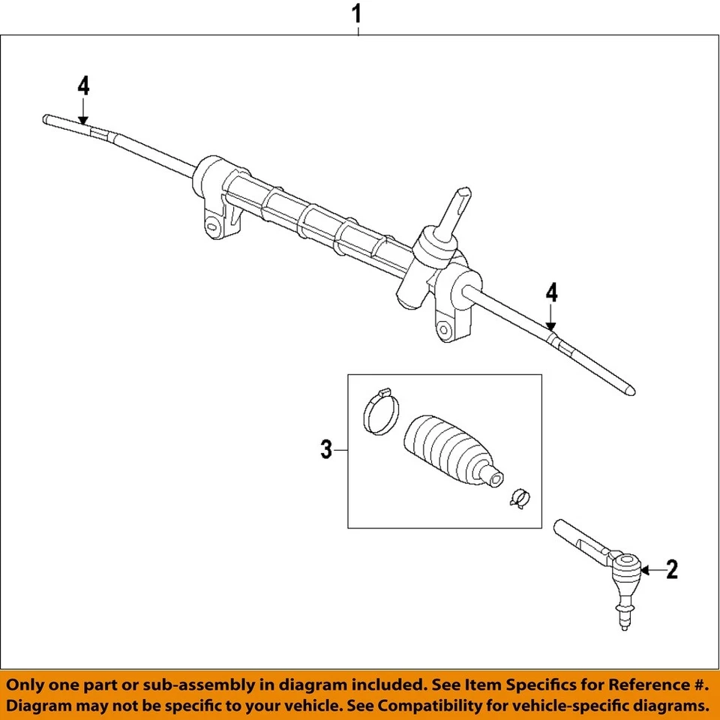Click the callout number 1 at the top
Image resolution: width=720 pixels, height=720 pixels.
coord(358,13)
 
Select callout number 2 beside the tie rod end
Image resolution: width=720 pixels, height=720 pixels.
coord(671,570)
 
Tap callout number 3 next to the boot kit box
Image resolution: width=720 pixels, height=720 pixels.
coord(325,450)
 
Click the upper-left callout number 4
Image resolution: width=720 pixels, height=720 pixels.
coord(83,86)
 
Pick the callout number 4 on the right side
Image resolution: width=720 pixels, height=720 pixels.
coord(551,292)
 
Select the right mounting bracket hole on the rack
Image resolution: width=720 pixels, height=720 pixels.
coord(446,328)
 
